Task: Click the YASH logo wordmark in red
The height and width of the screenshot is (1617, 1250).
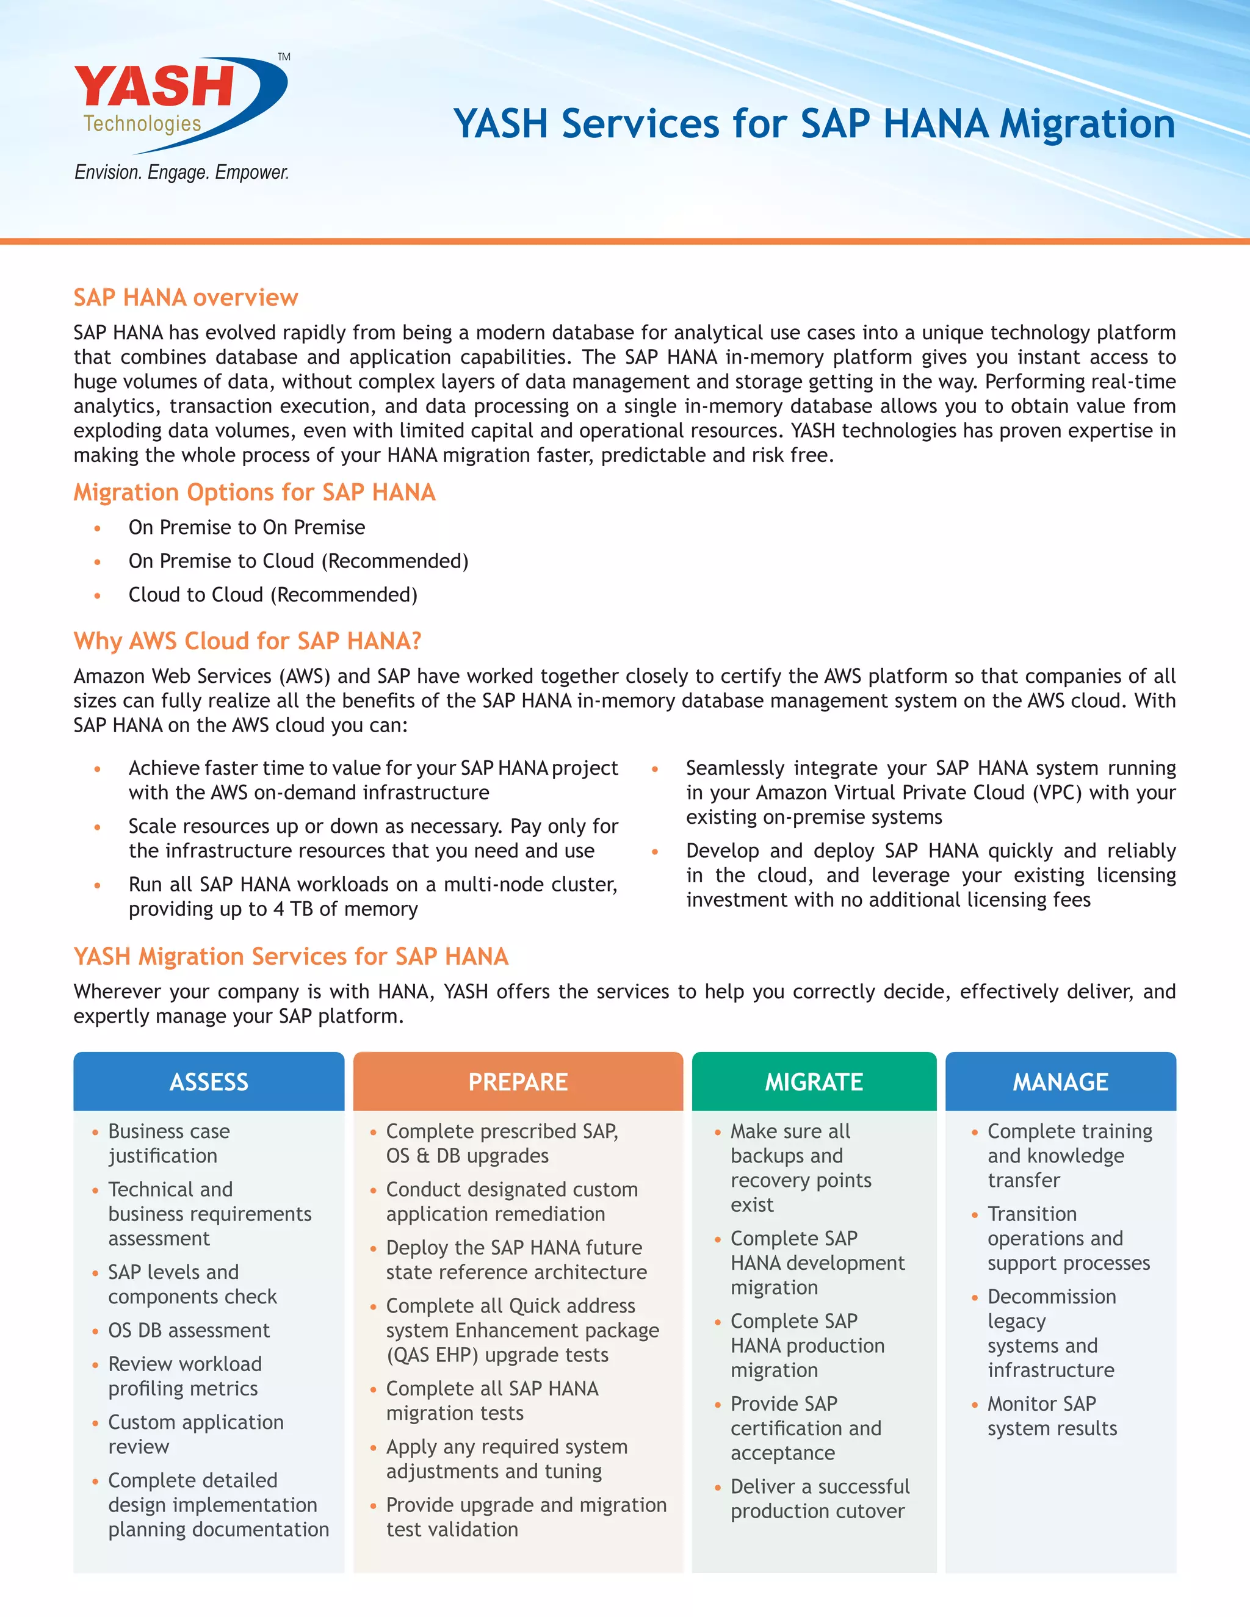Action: tap(154, 86)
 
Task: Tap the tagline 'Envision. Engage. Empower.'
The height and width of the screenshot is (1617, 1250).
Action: tap(181, 173)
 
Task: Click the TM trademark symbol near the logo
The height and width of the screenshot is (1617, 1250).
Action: tap(284, 57)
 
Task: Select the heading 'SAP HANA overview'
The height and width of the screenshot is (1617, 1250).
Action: tap(185, 298)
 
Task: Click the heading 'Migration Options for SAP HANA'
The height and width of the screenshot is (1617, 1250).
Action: tap(254, 492)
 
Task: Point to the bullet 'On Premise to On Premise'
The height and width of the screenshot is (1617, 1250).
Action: tap(247, 527)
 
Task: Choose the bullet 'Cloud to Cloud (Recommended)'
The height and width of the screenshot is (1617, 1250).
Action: tap(272, 594)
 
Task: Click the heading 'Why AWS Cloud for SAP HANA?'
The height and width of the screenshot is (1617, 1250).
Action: tap(247, 641)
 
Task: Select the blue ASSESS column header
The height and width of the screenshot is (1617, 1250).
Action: tap(209, 1082)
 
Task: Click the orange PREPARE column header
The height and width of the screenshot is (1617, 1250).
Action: tap(518, 1082)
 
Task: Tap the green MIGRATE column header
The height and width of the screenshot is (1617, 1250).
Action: tap(814, 1082)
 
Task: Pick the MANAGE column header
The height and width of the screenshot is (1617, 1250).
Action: tap(1060, 1082)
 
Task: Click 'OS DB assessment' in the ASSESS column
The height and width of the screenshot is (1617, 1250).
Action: tap(189, 1330)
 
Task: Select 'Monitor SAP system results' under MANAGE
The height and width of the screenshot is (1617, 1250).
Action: tap(1052, 1416)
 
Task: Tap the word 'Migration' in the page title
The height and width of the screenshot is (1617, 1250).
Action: tap(1087, 124)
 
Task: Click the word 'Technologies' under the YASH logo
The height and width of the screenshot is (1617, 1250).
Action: tap(142, 124)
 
